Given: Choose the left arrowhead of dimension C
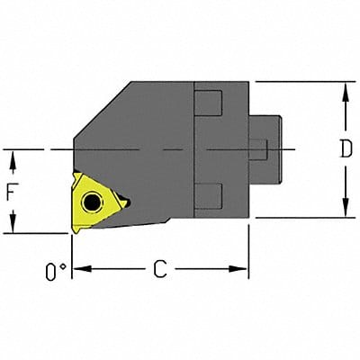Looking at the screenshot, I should (78, 268).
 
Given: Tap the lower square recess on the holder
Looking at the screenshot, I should (209, 193).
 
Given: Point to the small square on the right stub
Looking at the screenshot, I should (258, 148).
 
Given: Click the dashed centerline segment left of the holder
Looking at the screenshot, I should (36, 148).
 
